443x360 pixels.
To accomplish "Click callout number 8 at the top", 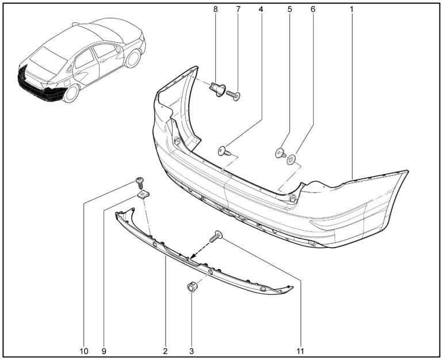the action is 216,9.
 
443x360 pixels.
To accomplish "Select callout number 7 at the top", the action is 238,9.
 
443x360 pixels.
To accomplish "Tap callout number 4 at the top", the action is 261,9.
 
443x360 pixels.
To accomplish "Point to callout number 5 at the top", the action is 290,9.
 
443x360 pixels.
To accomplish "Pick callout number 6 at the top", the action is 313,9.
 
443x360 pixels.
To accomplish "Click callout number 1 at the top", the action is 352,9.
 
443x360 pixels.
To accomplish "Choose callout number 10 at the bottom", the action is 84,351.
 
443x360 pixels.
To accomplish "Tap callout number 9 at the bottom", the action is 104,351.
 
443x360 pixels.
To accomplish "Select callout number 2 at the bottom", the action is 165,351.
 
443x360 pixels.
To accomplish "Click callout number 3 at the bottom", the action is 192,351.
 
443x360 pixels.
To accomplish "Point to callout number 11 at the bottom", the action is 300,351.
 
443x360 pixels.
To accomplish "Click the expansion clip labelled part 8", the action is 217,89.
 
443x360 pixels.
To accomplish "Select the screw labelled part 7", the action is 234,95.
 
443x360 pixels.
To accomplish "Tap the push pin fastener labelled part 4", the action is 224,151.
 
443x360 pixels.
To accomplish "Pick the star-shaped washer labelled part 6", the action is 291,159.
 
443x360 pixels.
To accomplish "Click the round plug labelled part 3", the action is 192,287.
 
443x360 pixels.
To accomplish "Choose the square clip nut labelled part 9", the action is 143,194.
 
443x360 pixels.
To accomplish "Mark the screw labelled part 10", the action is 140,182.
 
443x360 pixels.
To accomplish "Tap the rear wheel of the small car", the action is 71,93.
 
